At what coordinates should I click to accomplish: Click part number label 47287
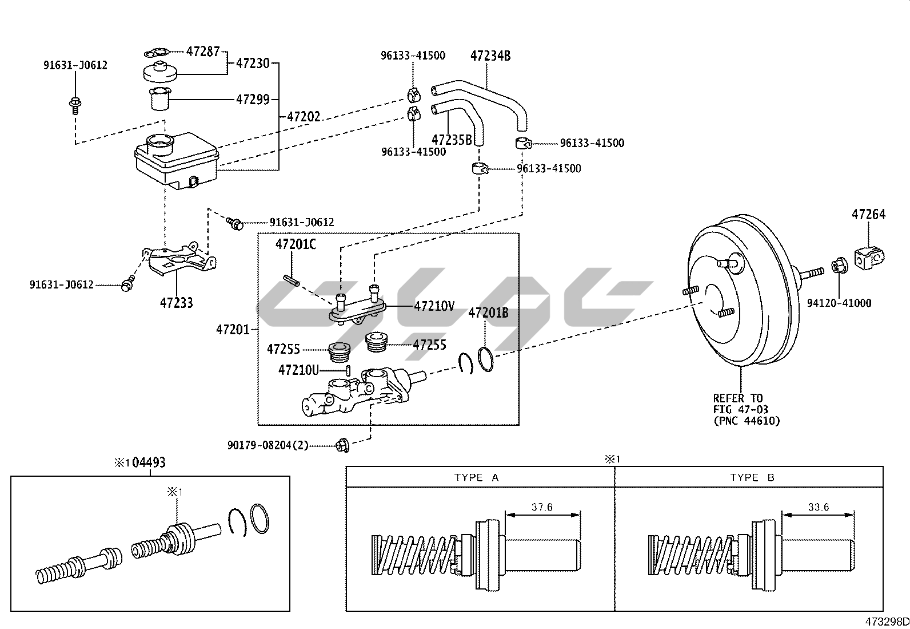click(203, 51)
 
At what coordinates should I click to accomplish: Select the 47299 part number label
click(253, 99)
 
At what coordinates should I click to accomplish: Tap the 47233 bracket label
click(176, 303)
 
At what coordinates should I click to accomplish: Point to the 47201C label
click(296, 244)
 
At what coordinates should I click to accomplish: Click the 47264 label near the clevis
click(868, 215)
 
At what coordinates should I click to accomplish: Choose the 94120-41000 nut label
click(839, 303)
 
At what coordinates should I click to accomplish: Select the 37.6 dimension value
click(542, 507)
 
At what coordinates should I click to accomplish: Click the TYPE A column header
click(477, 477)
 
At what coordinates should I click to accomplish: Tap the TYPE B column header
click(752, 477)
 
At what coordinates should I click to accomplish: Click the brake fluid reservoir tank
click(175, 159)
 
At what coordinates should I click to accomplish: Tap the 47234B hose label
click(490, 56)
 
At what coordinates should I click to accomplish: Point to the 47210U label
click(298, 370)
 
